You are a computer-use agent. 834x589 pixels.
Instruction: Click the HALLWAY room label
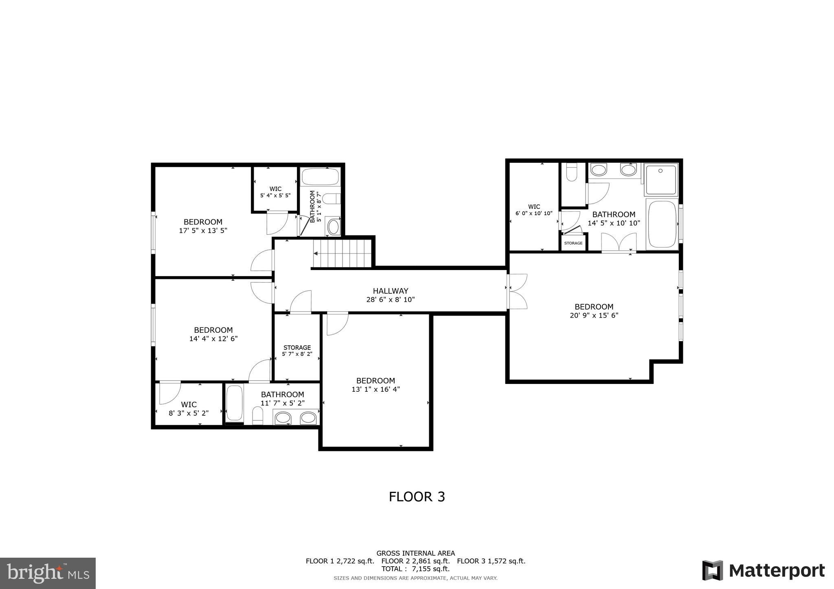tap(390, 291)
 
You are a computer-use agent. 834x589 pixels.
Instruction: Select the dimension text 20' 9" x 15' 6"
tap(594, 315)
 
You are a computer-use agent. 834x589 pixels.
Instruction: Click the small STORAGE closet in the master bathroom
tap(573, 243)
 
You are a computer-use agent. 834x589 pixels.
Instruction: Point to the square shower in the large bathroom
tap(661, 179)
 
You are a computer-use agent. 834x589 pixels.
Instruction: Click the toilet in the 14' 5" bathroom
tap(572, 172)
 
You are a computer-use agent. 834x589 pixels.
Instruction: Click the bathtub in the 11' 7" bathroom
tap(234, 403)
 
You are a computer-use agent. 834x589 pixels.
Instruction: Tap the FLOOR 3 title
tap(417, 497)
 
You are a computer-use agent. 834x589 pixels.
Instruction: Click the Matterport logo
tap(763, 570)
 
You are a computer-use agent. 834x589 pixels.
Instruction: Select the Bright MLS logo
tap(48, 573)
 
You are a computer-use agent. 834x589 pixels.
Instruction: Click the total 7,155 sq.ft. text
tap(415, 569)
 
